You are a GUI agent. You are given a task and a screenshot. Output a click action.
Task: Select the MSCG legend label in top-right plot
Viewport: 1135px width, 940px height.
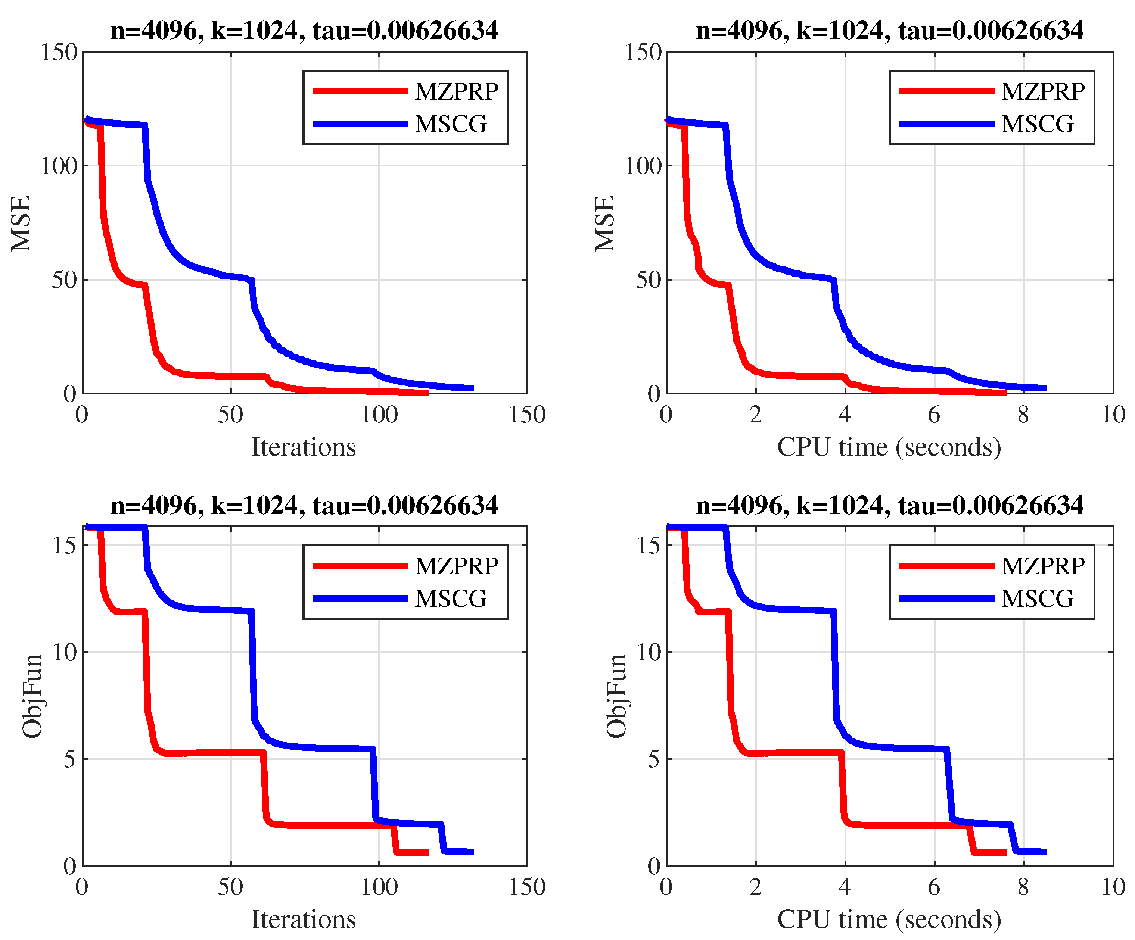click(x=1037, y=124)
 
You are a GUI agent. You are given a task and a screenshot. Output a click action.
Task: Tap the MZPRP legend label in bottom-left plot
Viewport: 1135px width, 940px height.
click(x=457, y=566)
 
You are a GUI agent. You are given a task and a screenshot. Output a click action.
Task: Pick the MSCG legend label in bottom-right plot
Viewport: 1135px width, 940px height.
click(x=1037, y=599)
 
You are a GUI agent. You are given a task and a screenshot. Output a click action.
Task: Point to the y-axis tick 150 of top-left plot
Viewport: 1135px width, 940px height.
click(x=59, y=52)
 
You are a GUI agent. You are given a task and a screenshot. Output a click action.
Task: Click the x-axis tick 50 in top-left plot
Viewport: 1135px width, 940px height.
click(x=231, y=414)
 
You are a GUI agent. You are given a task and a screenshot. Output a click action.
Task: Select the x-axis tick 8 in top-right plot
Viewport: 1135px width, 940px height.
click(x=1023, y=414)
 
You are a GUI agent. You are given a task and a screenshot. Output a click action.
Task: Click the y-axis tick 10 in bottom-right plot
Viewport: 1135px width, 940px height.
click(x=648, y=652)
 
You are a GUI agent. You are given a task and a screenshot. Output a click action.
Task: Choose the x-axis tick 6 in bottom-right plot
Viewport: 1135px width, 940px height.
click(x=934, y=887)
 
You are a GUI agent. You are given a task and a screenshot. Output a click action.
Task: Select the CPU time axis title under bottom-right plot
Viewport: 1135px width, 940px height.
click(x=889, y=919)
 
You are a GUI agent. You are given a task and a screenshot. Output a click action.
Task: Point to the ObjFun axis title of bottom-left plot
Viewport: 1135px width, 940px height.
click(x=32, y=696)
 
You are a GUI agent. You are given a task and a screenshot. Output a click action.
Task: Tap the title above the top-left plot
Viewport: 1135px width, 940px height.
click(x=304, y=30)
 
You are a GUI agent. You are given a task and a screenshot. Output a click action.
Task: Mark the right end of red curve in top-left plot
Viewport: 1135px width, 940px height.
click(x=427, y=393)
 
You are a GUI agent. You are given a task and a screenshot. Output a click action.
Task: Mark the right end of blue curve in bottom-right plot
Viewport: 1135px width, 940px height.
click(x=1045, y=852)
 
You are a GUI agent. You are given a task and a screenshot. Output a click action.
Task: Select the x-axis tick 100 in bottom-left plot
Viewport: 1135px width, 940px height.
click(x=379, y=887)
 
